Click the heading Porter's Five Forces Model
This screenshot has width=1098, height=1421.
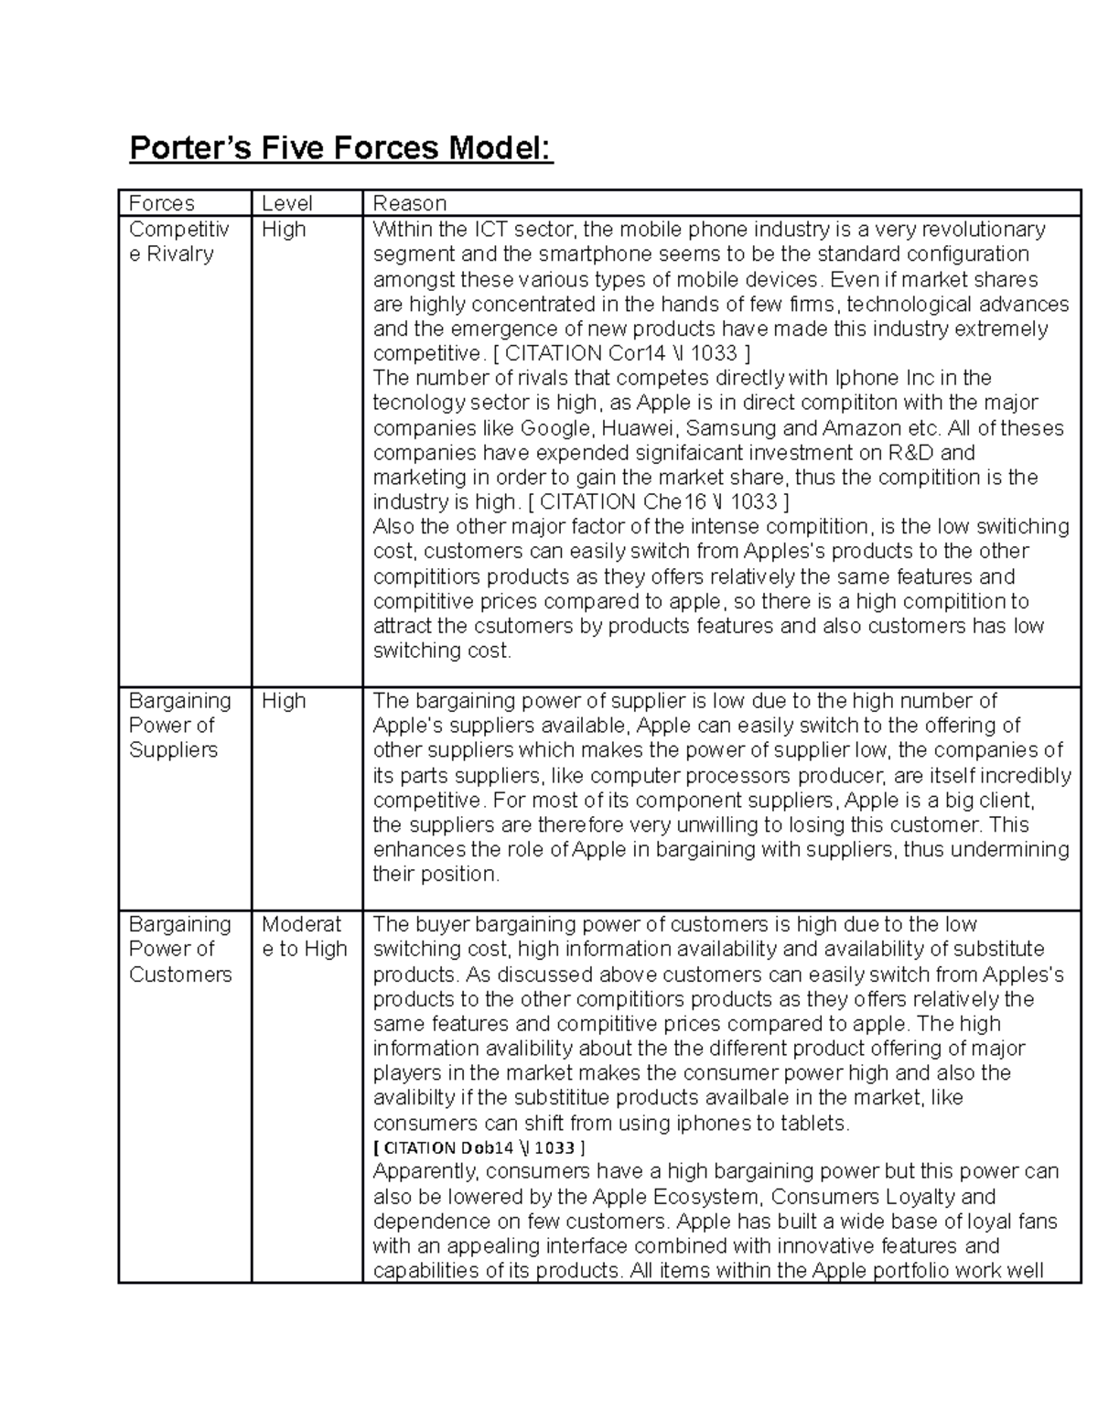(341, 147)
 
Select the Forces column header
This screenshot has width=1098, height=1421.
(161, 203)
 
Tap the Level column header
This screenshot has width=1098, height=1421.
(287, 203)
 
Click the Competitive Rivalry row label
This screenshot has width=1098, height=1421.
(178, 241)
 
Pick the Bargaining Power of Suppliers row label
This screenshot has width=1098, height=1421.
(179, 725)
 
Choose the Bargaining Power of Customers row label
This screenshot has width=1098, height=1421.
(180, 949)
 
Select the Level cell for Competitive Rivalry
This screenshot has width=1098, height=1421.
(284, 229)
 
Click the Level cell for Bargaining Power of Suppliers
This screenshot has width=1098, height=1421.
(284, 701)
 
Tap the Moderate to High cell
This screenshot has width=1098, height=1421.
(304, 936)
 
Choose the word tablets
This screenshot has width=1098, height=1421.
(814, 1123)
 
